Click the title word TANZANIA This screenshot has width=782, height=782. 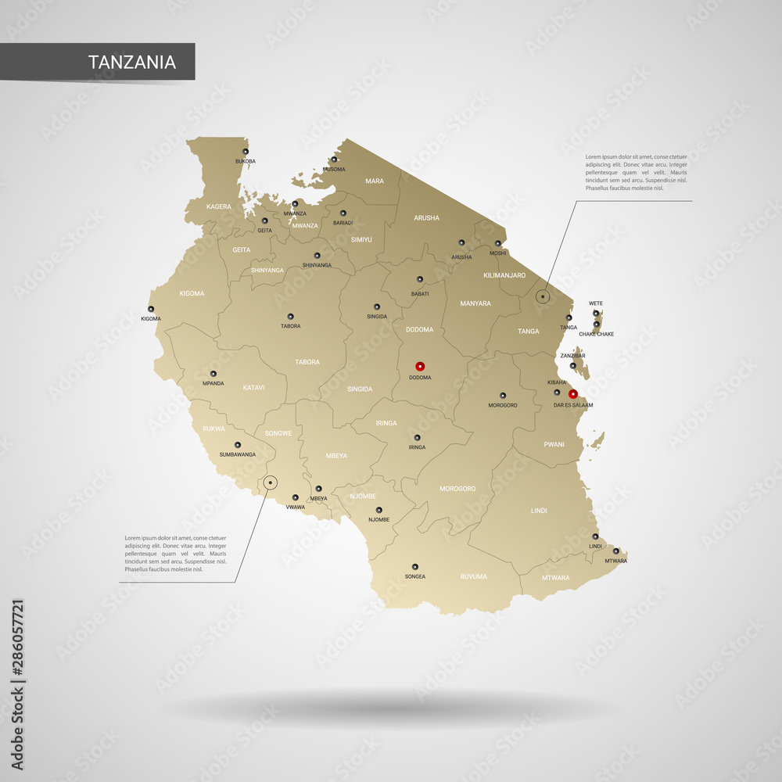click(x=131, y=63)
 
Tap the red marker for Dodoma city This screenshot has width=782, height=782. click(x=420, y=365)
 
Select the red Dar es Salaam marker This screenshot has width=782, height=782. click(x=573, y=394)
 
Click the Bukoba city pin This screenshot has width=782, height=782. click(x=245, y=152)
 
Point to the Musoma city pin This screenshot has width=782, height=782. click(x=333, y=160)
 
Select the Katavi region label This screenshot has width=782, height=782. click(x=253, y=387)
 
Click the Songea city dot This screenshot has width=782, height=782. click(x=415, y=566)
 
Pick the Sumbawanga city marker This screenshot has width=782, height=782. click(x=237, y=444)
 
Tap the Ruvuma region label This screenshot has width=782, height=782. click(x=473, y=576)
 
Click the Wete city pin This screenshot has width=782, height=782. click(x=596, y=313)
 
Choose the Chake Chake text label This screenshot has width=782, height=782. click(x=596, y=334)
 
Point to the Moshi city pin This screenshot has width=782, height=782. click(x=497, y=243)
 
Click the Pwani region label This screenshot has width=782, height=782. click(x=554, y=444)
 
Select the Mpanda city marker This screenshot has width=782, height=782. click(x=213, y=374)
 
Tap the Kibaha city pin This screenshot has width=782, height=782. click(x=557, y=392)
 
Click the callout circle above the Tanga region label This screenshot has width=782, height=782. click(x=542, y=296)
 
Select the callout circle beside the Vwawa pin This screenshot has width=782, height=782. click(x=270, y=483)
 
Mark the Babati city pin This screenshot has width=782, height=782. click(x=419, y=279)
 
